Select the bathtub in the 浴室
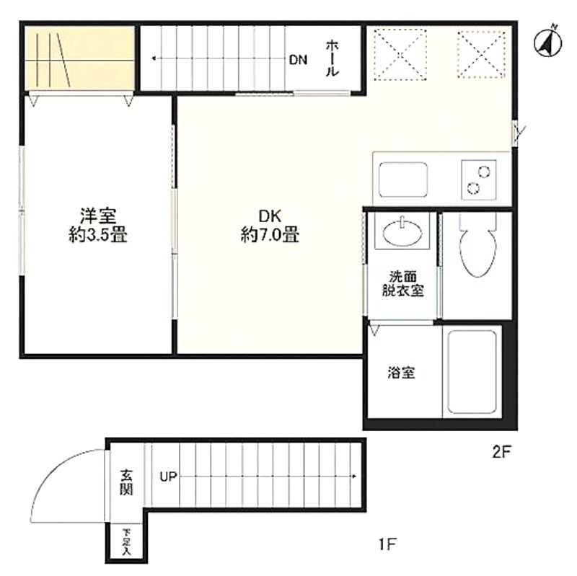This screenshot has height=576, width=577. point(472,372)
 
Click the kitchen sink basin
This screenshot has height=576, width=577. point(403,180)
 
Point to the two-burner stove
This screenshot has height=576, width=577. point(479,180)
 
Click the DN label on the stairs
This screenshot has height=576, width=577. point(298,60)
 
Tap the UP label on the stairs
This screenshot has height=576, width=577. point(169,477)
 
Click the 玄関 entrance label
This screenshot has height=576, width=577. point(125,482)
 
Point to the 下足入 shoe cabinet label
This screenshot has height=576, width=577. point(127,542)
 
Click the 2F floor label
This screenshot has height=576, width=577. point(502,452)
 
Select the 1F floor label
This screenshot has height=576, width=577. point(388,544)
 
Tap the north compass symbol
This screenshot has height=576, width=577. point(548,43)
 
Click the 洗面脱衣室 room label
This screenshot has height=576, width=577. point(402,283)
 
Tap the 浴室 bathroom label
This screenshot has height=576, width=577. point(401,373)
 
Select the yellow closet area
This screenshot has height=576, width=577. point(79,58)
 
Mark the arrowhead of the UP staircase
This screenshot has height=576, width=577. point(354,477)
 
